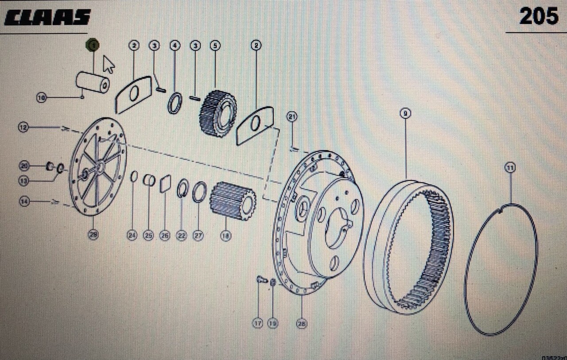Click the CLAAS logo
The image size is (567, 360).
pos(47,18)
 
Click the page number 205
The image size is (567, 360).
pos(539,17)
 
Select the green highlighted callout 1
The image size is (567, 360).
pos(93,45)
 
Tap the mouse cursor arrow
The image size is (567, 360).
pos(109,64)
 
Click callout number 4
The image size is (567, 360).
pos(175,45)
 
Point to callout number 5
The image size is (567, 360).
pos(215,45)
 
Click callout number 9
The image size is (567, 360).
pos(405,113)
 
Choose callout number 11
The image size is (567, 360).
pos(510,168)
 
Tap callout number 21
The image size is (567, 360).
pos(291,117)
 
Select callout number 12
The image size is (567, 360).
pos(23,128)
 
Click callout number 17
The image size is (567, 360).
pos(258,323)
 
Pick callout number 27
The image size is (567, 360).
pos(198,236)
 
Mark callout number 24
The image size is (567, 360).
pos(132,236)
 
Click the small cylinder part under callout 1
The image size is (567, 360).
pos(93,82)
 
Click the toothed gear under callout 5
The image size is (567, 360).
pos(218,113)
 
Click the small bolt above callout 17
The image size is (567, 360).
pos(260,279)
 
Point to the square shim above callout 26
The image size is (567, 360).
pos(165,183)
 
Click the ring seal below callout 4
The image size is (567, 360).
pos(175,103)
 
